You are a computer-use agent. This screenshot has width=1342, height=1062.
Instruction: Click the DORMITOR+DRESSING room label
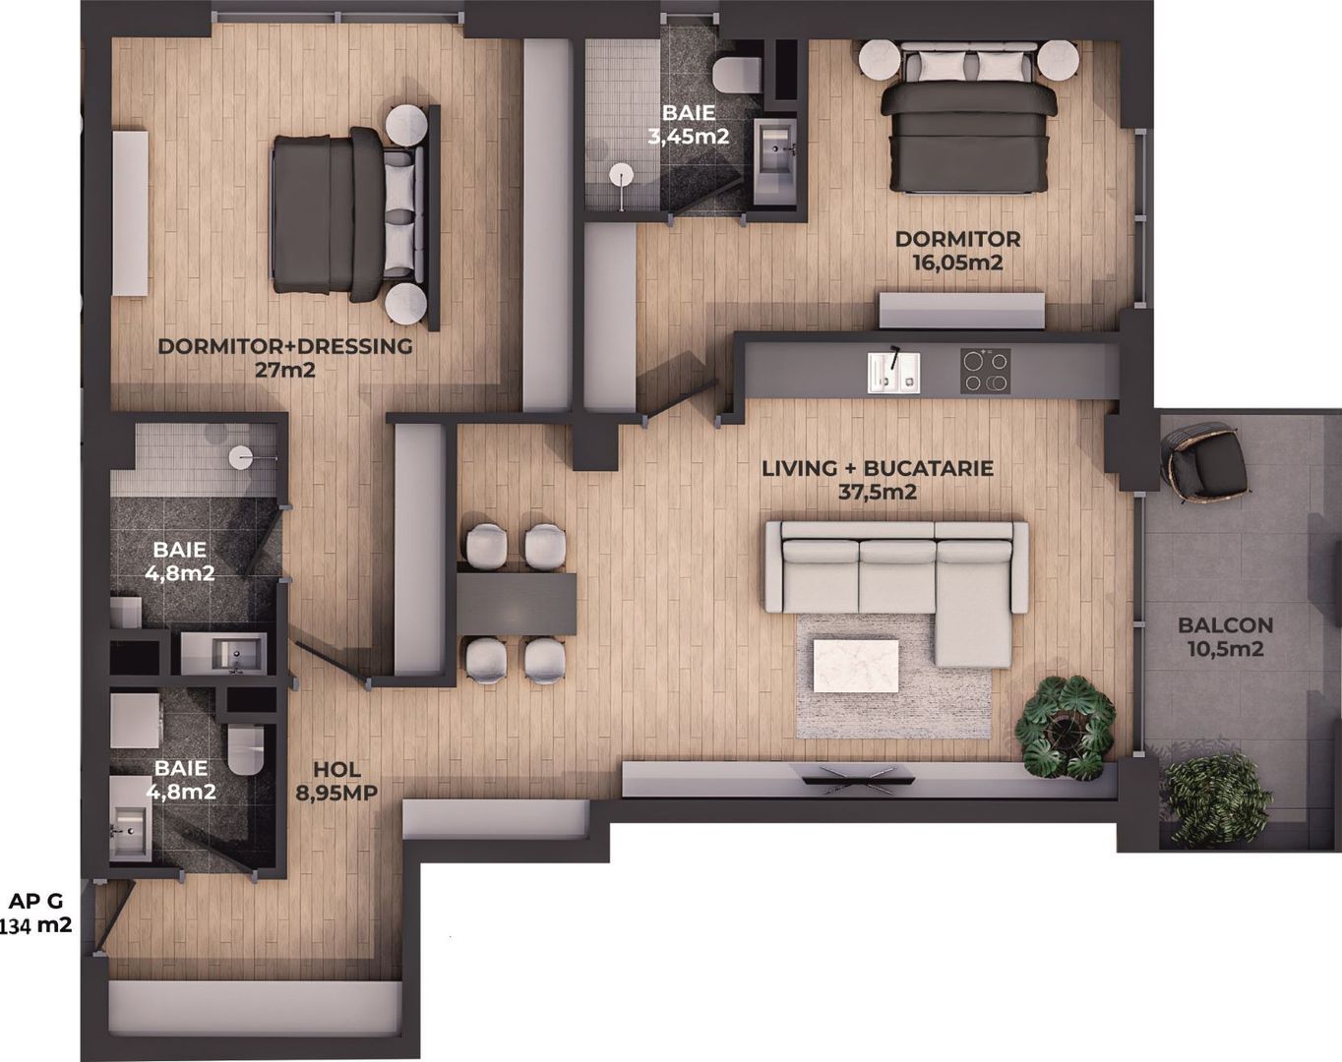284,346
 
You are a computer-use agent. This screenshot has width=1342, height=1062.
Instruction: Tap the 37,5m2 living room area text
877,492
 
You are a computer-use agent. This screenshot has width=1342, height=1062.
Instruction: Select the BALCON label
1225,624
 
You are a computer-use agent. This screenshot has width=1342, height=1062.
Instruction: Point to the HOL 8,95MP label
336,782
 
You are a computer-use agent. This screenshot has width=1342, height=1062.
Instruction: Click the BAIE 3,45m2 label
688,125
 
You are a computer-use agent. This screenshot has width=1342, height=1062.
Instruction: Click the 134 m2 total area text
36,925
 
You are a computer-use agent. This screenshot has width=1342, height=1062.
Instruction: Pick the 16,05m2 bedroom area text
956,263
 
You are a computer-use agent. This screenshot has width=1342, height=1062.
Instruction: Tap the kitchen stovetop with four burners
985,372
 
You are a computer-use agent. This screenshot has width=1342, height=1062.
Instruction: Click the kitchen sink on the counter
893,373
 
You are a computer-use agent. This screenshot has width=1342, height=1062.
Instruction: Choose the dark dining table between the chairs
516,602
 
